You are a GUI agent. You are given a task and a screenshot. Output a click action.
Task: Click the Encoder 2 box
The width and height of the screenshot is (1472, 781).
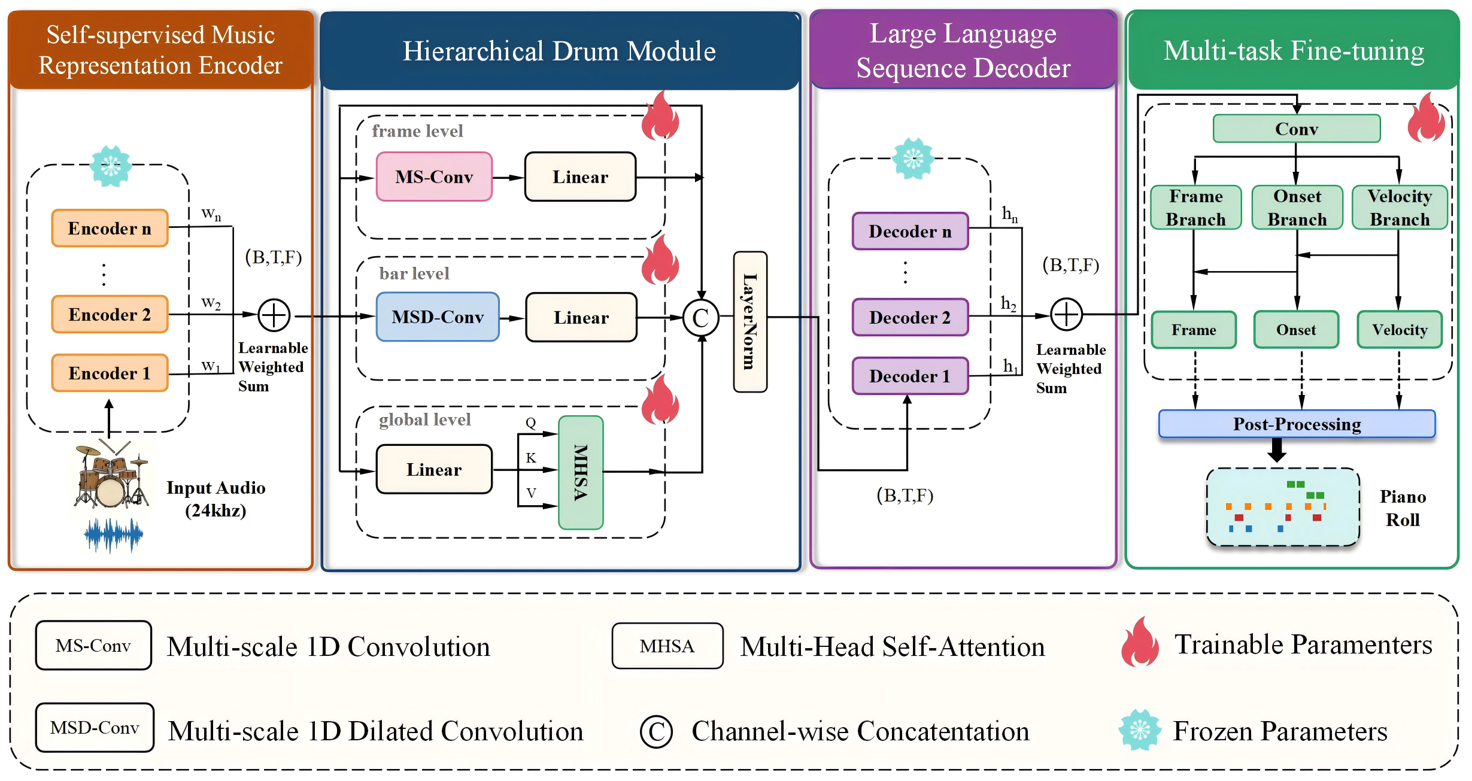[110, 314]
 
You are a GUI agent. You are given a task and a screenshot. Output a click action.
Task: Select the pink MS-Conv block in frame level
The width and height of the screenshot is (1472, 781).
[434, 177]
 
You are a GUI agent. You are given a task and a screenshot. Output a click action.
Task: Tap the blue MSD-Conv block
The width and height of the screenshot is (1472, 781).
[438, 317]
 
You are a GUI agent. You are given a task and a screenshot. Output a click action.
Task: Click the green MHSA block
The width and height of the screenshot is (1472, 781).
[580, 472]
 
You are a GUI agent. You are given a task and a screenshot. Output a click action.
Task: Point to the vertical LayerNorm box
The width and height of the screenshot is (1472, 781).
[750, 321]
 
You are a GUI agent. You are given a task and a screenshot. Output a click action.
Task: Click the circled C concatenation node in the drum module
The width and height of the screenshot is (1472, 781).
[700, 318]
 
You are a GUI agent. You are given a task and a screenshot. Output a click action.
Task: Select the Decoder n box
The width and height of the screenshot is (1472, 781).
[910, 231]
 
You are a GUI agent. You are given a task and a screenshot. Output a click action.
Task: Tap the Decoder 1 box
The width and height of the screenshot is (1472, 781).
[910, 376]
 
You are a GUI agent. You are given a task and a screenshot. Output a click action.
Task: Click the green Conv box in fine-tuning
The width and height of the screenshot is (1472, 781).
[1296, 129]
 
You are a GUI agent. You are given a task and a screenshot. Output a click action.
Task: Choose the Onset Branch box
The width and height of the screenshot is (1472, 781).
[1297, 208]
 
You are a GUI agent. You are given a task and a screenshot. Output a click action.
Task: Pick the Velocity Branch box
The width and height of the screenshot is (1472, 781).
[1399, 208]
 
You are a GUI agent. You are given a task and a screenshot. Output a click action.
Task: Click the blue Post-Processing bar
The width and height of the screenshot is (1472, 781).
[1297, 424]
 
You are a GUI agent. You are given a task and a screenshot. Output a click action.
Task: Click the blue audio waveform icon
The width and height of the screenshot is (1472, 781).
[113, 534]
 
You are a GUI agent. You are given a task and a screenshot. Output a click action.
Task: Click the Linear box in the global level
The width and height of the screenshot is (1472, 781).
[434, 469]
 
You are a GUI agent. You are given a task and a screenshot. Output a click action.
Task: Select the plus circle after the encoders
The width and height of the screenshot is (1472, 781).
[274, 315]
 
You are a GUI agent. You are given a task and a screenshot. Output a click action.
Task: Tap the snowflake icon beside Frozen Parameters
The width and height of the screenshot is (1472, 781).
[1139, 730]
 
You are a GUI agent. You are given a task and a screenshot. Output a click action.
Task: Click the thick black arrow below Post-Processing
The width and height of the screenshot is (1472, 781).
[1277, 450]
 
